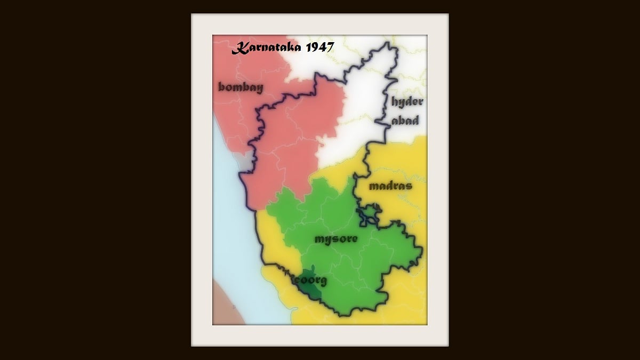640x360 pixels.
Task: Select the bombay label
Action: pyautogui.click(x=241, y=87)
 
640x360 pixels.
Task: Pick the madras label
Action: pyautogui.click(x=390, y=186)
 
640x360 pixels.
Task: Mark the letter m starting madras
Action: pyautogui.click(x=373, y=187)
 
